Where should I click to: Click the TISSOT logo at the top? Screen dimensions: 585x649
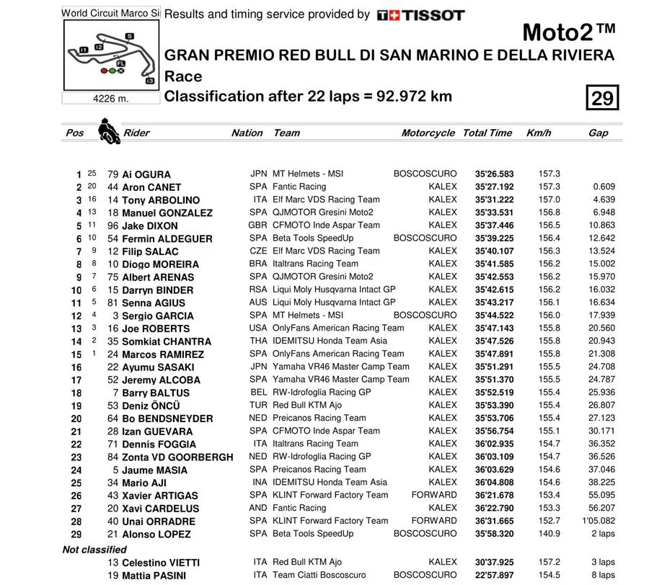click(421, 14)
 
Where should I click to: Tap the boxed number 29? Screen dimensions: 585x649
click(601, 97)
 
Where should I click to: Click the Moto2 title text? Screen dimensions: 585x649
click(568, 32)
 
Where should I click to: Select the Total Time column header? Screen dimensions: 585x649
click(487, 133)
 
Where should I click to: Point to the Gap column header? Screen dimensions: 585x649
click(598, 133)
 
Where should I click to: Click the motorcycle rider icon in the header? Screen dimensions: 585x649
click(109, 131)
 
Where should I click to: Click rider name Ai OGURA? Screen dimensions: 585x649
click(146, 174)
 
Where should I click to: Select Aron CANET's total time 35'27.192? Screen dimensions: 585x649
click(495, 187)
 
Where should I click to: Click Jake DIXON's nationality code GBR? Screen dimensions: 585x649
click(257, 225)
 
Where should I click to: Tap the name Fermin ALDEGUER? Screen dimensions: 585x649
click(167, 238)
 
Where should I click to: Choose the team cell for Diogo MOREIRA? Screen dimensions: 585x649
click(315, 264)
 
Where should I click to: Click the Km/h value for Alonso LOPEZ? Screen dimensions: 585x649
click(549, 534)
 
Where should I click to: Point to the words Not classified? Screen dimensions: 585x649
click(94, 550)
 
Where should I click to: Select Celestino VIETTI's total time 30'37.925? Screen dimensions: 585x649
click(495, 562)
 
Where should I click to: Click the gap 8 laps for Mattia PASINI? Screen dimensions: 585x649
click(603, 575)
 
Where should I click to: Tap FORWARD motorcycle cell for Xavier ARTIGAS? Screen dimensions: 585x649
click(434, 495)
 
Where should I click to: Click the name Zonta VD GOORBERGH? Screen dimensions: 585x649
click(177, 457)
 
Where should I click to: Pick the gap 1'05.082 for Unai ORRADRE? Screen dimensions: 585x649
click(598, 521)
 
